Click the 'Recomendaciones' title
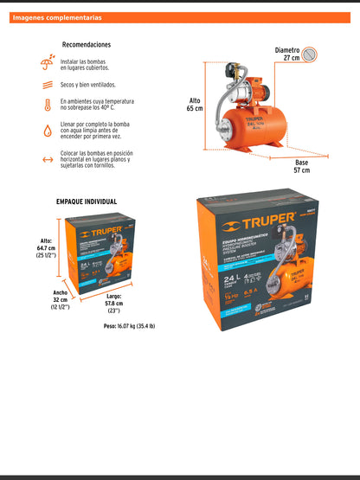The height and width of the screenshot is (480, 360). pos(87,44)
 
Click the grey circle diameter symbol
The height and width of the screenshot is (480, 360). pos(310,55)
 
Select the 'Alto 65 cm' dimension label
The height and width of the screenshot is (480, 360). pos(195,106)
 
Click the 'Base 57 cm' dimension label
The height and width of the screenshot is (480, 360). pos(301,166)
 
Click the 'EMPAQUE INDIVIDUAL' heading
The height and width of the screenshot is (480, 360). pos(87,202)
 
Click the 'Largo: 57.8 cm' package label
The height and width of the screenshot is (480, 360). pos(113,304)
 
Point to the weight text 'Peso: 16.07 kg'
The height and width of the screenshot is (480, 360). pos(139,328)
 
